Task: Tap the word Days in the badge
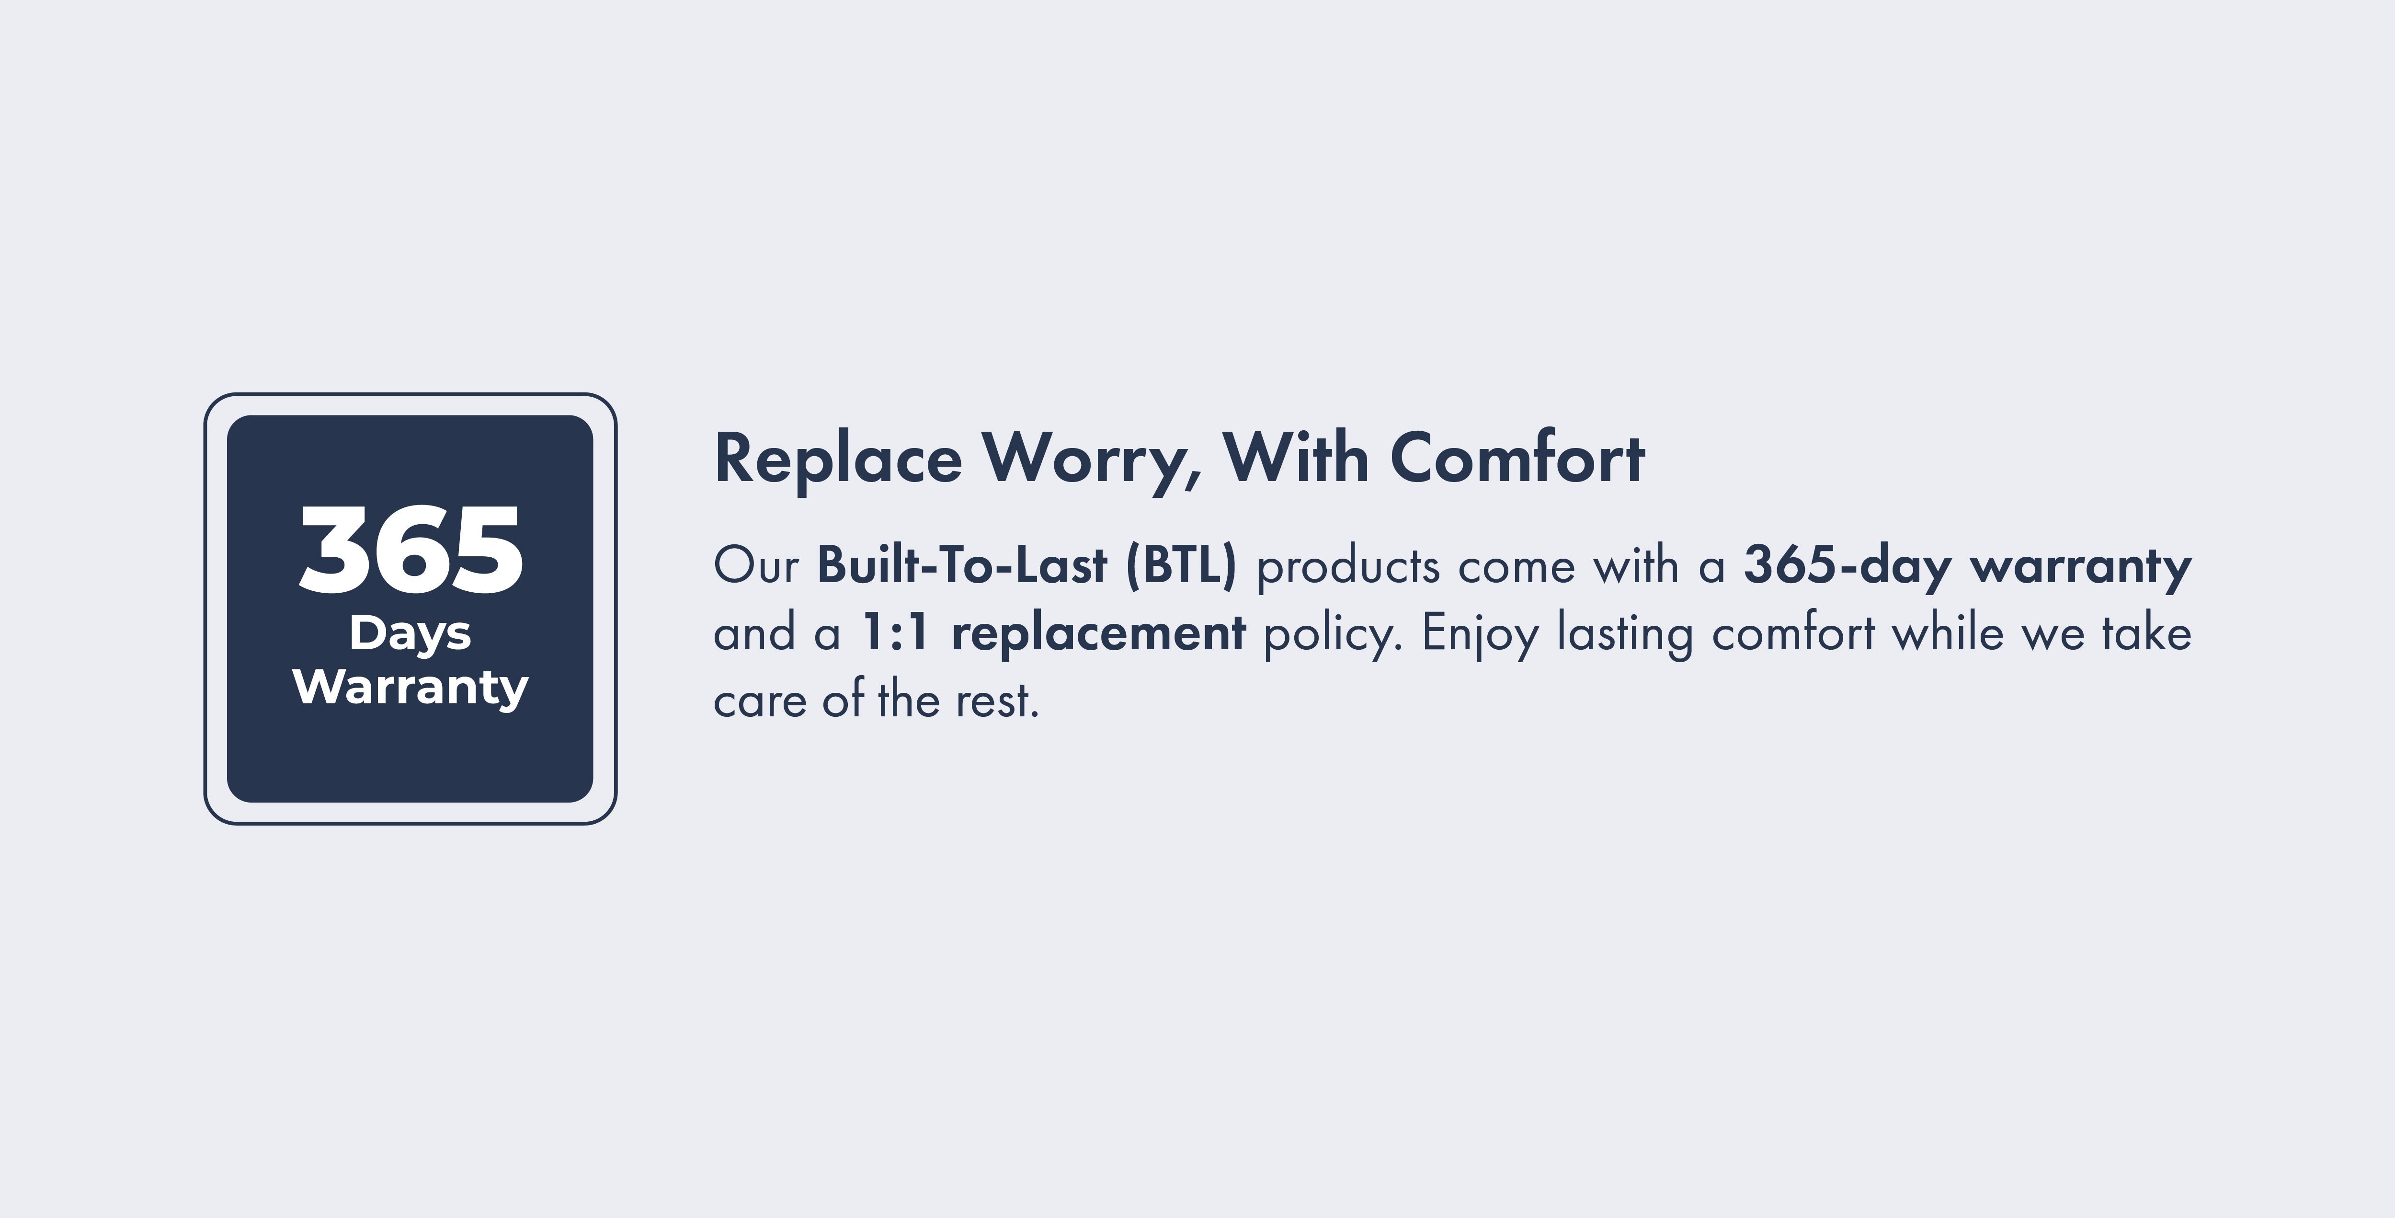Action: point(410,634)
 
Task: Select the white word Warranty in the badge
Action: point(410,688)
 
